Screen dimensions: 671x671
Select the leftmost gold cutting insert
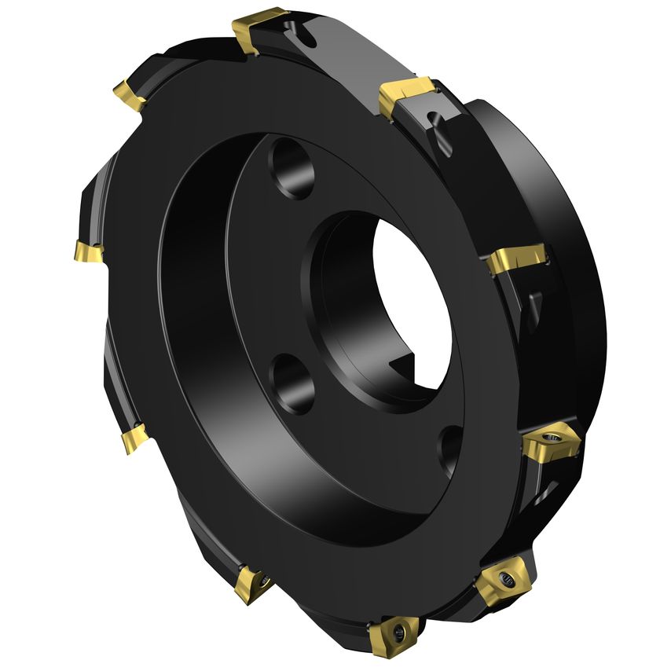(x=88, y=252)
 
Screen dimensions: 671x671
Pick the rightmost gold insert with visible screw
(x=552, y=443)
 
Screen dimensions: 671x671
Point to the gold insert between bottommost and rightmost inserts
(x=503, y=582)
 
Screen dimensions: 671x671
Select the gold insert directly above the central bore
(x=406, y=97)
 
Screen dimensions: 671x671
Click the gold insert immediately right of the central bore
(x=514, y=260)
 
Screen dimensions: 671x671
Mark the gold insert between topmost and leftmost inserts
(x=130, y=95)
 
